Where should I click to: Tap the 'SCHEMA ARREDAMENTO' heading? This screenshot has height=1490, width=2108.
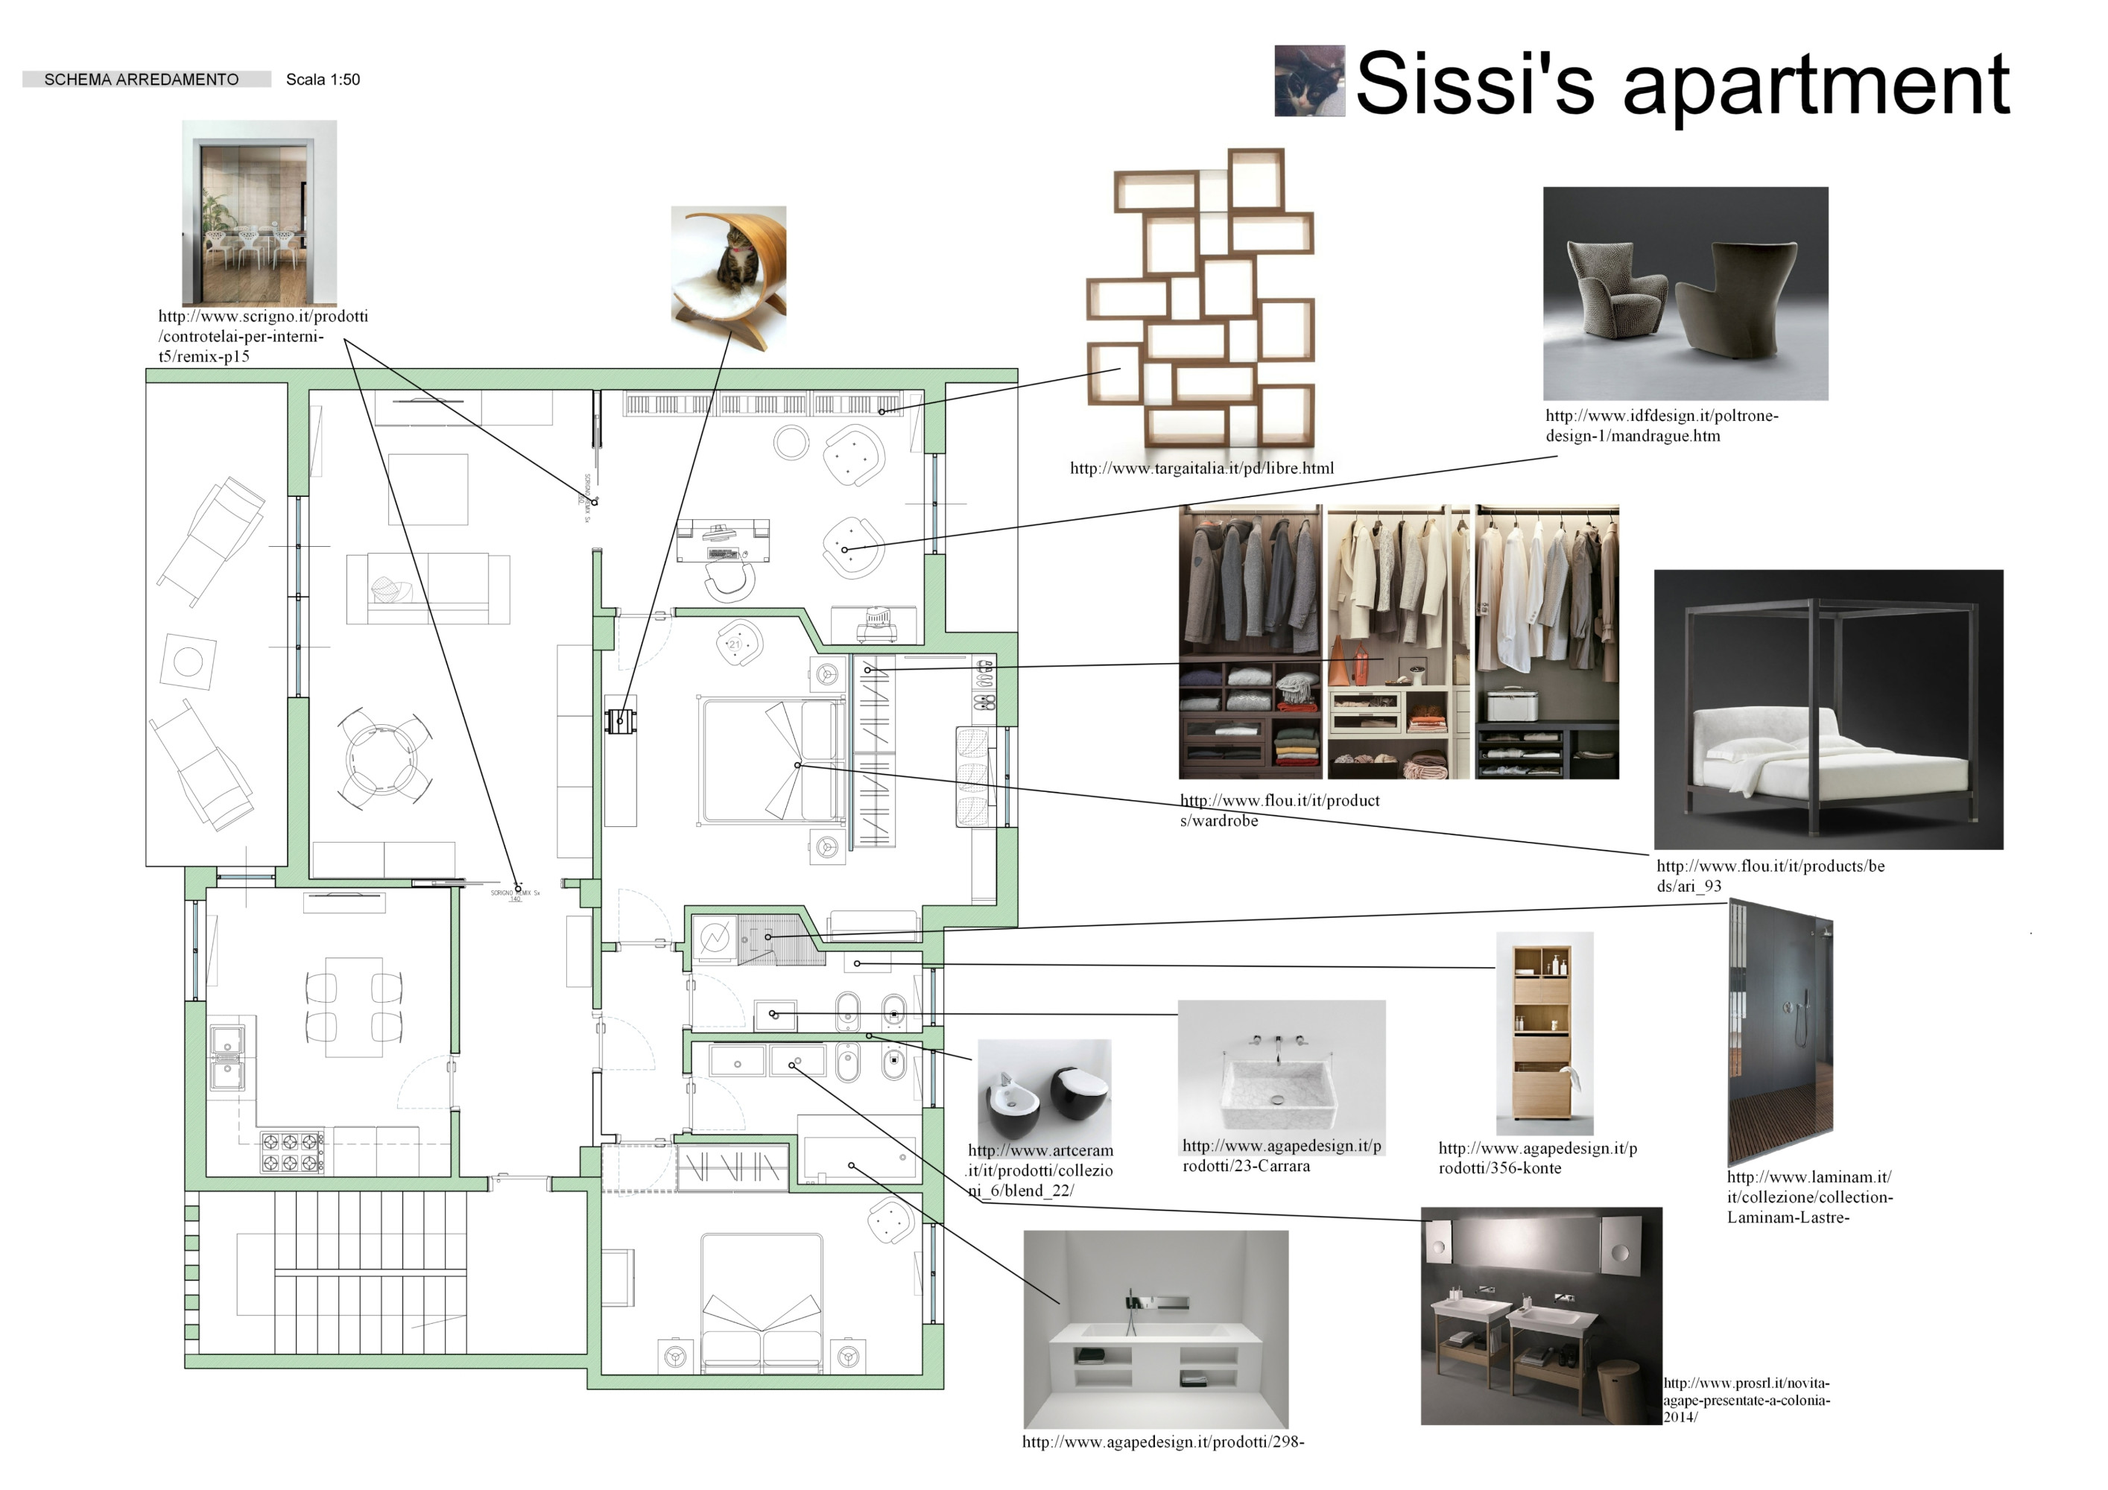142,80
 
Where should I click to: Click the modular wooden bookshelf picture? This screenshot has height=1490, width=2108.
1201,298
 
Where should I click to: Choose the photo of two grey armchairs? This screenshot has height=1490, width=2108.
1685,294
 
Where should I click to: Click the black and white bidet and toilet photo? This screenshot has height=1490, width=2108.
1044,1091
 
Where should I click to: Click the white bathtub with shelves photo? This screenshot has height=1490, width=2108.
1156,1328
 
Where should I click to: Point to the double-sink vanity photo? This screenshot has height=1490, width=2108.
1541,1316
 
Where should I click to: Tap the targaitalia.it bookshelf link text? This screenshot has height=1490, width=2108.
1201,468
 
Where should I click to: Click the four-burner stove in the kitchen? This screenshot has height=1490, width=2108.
293,1153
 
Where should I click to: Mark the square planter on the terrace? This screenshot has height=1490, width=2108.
189,661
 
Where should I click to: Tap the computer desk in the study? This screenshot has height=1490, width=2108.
723,542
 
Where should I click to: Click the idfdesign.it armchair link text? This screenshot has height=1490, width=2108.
1661,426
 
